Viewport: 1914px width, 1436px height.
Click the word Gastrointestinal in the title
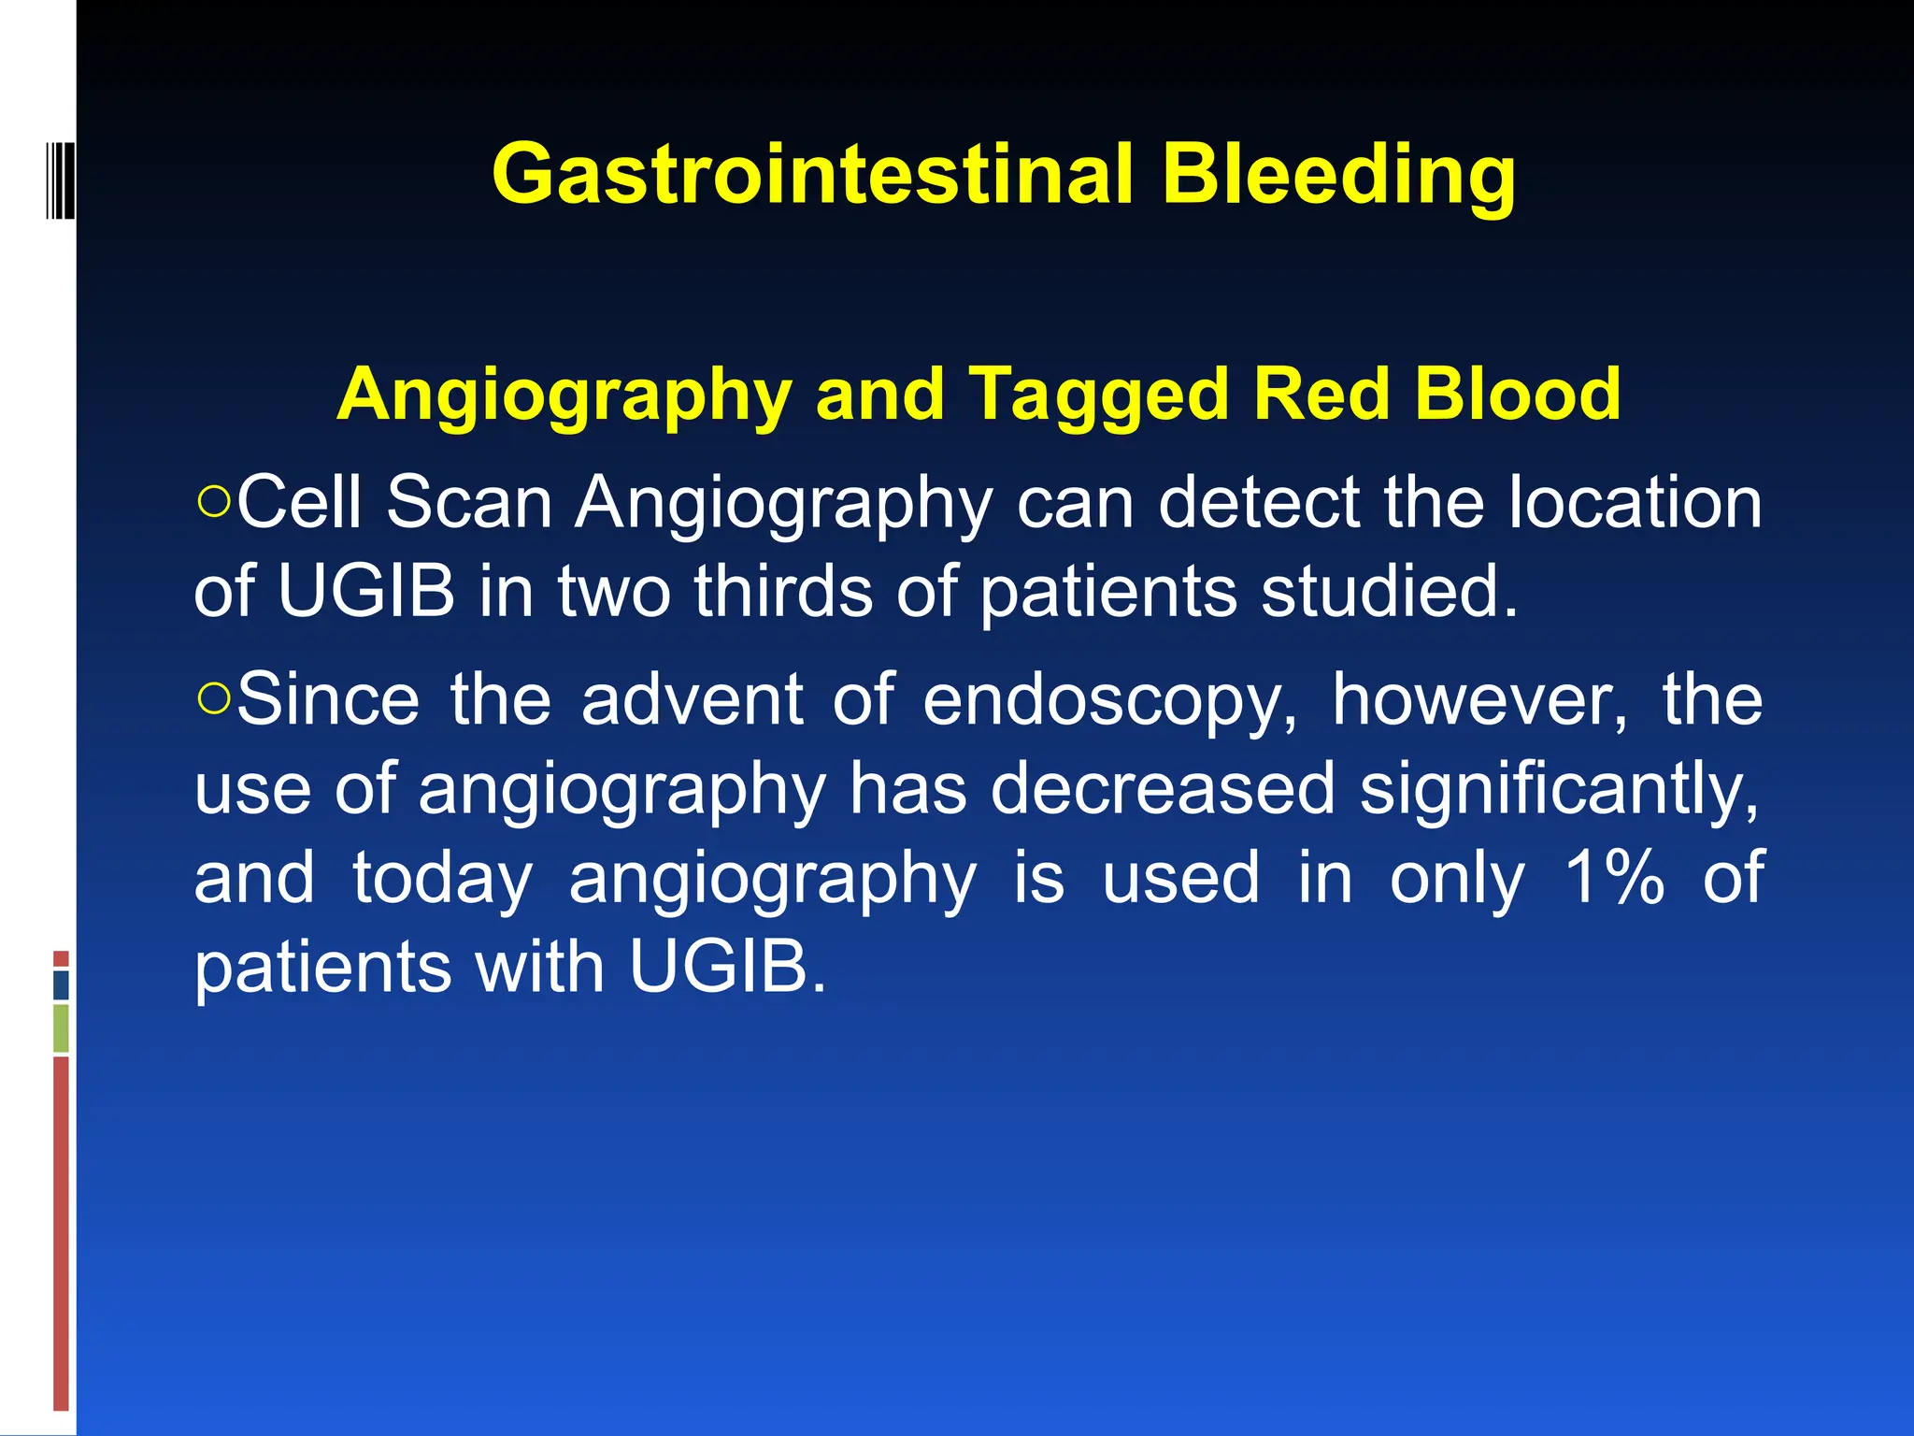click(x=811, y=176)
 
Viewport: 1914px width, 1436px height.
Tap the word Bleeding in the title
click(x=1338, y=176)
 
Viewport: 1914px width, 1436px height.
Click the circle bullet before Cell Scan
click(x=214, y=501)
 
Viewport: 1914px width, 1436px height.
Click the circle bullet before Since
click(x=214, y=698)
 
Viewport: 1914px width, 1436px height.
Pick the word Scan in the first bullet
click(x=469, y=503)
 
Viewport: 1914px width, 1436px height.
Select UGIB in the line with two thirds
click(x=365, y=592)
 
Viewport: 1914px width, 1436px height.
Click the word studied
click(x=1389, y=592)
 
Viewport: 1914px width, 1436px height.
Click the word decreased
click(x=1162, y=789)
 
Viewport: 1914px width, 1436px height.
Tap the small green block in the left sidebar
click(x=61, y=1027)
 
